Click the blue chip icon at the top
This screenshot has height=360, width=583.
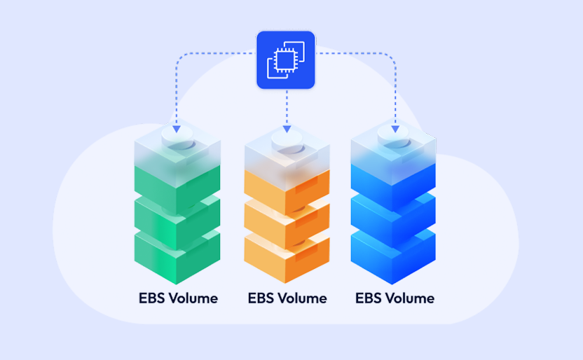285,60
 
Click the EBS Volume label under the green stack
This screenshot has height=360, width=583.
178,298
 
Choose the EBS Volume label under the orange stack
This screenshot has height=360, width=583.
287,298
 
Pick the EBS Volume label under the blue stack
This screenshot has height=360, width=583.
395,298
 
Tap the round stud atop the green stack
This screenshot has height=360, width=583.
178,139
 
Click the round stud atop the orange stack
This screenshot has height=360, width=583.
287,139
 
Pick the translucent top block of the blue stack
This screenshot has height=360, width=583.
393,158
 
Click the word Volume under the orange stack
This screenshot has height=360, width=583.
301,298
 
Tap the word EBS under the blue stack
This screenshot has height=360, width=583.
368,298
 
